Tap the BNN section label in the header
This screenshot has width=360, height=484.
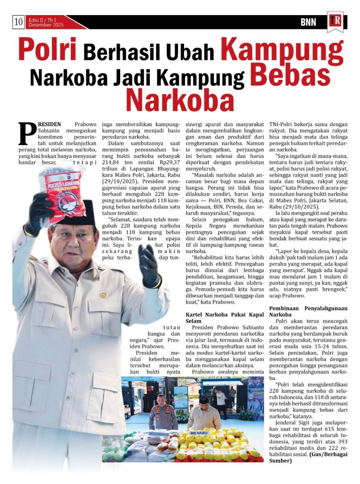pyautogui.click(x=308, y=22)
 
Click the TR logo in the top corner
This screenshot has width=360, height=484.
pyautogui.click(x=335, y=21)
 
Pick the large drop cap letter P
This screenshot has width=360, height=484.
pyautogui.click(x=27, y=133)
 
